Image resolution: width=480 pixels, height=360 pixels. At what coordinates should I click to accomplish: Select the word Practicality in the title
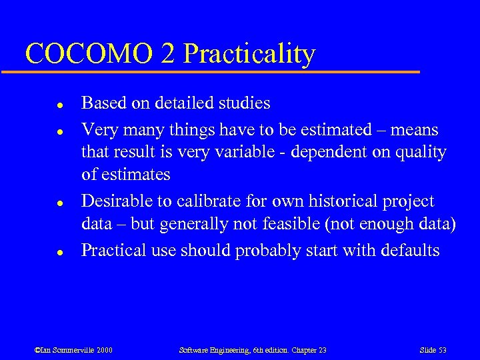click(x=249, y=55)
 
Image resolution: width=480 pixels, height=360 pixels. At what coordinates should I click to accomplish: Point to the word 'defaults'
click(x=410, y=251)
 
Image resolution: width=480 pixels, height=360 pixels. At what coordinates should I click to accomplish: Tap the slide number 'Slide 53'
click(x=433, y=349)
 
